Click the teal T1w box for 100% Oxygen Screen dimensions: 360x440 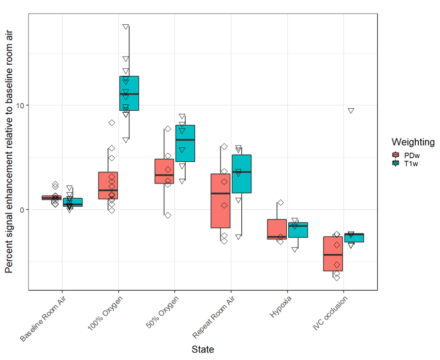(129, 94)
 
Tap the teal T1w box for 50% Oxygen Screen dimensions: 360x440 (185, 143)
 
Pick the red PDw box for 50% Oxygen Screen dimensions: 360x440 (164, 171)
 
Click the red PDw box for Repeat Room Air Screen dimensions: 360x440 (220, 201)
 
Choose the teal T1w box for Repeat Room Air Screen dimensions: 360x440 (241, 174)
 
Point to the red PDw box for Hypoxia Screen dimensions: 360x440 (277, 229)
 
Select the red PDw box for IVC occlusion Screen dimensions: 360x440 (333, 254)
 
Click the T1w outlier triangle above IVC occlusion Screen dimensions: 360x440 (351, 111)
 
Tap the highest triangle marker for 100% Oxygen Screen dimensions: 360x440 (126, 27)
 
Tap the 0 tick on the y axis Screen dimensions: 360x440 (21, 209)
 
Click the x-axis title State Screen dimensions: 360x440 (202, 349)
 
